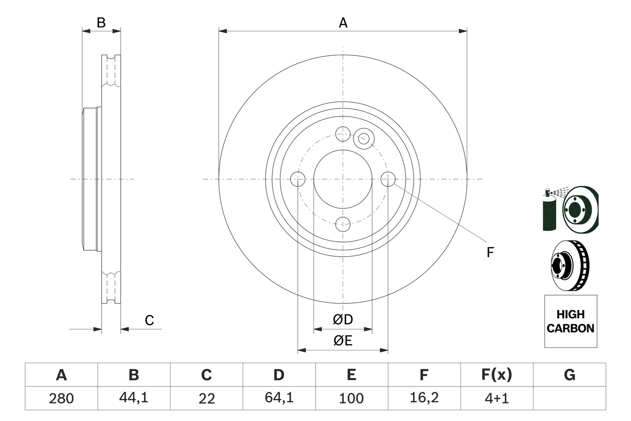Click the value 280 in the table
(x=61, y=398)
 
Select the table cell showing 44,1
(x=134, y=398)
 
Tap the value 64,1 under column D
(x=279, y=398)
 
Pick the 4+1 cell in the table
(x=496, y=398)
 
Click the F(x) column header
(x=496, y=375)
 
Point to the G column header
(x=569, y=375)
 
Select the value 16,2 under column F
(x=423, y=398)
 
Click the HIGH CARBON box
(x=570, y=321)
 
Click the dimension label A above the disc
(x=343, y=23)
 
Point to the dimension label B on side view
(x=101, y=23)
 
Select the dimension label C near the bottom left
(x=149, y=321)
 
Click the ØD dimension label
(x=343, y=320)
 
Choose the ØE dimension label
(x=343, y=341)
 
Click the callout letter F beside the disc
(x=490, y=253)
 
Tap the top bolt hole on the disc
(x=343, y=134)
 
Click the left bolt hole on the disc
(x=298, y=179)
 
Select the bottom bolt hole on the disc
(x=343, y=224)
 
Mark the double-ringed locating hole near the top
(x=363, y=138)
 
